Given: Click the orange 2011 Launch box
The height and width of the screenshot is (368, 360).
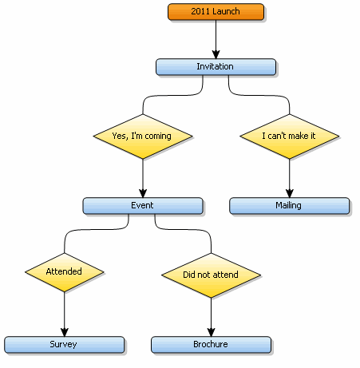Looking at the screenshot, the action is point(216,12).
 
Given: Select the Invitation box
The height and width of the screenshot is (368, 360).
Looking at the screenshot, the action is point(216,67).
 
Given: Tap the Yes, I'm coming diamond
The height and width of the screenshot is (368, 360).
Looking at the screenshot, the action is point(143,137).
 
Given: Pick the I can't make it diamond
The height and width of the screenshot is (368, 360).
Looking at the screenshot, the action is point(290,137).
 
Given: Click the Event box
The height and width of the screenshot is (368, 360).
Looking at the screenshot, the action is point(143,206).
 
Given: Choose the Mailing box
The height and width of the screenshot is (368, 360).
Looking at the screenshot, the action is point(290,206).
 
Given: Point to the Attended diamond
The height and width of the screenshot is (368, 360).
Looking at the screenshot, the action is point(65,272).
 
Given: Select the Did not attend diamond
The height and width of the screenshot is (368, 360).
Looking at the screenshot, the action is point(212,275).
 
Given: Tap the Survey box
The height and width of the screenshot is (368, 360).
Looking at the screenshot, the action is point(65,345).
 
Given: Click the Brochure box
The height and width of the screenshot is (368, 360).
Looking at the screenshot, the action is point(212,345).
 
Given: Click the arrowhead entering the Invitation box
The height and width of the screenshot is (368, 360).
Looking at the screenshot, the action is point(216,54).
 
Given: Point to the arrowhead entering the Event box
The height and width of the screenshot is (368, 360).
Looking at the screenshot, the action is point(143,193).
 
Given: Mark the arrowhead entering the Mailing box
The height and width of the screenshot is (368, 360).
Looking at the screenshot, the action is point(290,193).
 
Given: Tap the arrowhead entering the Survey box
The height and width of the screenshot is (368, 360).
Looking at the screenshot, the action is point(65,332).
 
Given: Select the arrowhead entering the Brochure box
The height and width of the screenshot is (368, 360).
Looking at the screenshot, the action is point(212,332).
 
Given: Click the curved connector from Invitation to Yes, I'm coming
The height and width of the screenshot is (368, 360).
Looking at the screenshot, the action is point(173,95).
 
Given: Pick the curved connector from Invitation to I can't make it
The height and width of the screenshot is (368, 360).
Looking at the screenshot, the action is point(259,95).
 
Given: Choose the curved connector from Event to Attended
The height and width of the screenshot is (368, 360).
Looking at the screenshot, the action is point(97,229).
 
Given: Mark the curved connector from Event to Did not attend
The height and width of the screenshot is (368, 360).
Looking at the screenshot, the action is point(183,229).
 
